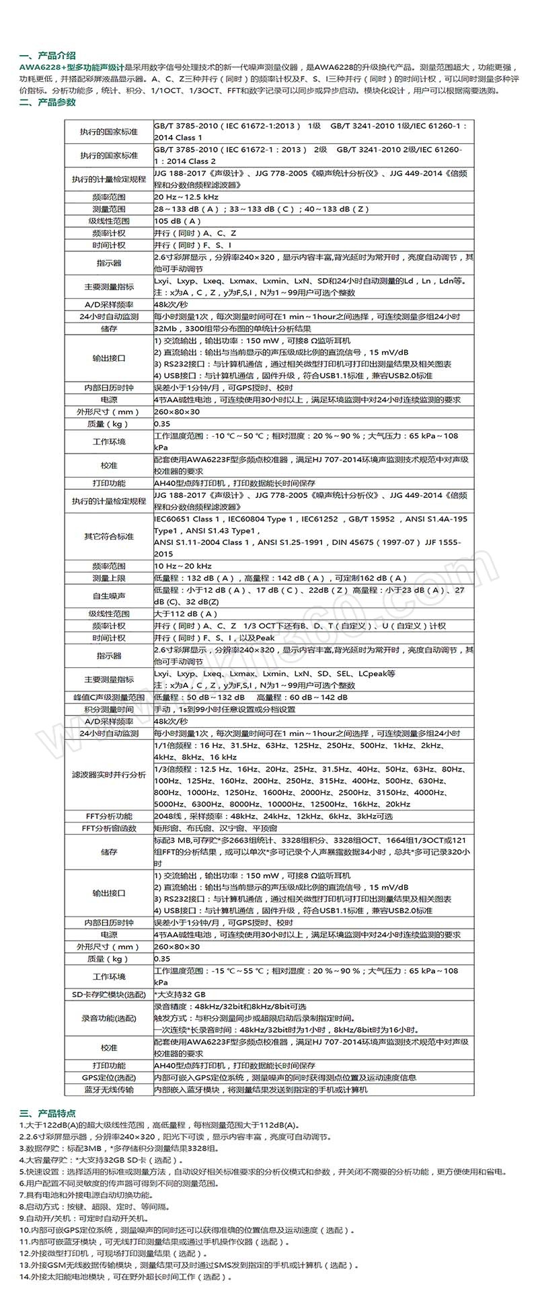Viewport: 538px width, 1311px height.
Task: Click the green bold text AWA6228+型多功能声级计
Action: tap(72, 67)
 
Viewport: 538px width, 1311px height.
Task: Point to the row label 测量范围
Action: tap(109, 209)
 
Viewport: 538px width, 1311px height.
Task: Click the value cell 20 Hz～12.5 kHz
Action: tap(186, 197)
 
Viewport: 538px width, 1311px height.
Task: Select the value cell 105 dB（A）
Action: tap(178, 221)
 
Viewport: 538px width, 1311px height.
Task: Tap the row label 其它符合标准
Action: tap(109, 536)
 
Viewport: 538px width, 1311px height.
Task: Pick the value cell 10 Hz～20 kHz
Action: tap(183, 566)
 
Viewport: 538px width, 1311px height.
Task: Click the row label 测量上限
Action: tap(109, 578)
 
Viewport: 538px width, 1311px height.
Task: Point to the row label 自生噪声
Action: tap(109, 595)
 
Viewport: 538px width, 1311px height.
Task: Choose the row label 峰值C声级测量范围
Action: tap(109, 697)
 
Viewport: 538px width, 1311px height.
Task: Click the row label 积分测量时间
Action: tap(109, 709)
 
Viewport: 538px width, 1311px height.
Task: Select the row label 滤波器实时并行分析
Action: tap(109, 774)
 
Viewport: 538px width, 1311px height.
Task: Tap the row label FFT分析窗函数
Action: tap(109, 828)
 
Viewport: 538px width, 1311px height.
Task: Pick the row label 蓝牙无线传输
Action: tap(109, 1089)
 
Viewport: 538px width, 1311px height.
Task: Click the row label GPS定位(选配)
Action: tap(109, 1077)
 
